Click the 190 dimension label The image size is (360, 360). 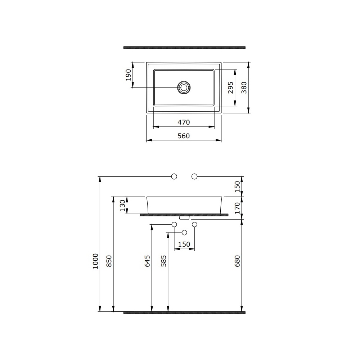[x=129, y=75]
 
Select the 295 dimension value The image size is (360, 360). [x=230, y=87]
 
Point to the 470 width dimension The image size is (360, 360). [x=184, y=122]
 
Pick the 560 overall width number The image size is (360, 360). [x=184, y=136]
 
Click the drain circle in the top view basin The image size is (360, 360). [x=184, y=87]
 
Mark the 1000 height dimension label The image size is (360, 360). [x=95, y=261]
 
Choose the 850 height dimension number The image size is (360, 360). [x=109, y=261]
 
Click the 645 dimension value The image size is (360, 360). [x=147, y=261]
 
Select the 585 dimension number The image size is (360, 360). [x=163, y=261]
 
